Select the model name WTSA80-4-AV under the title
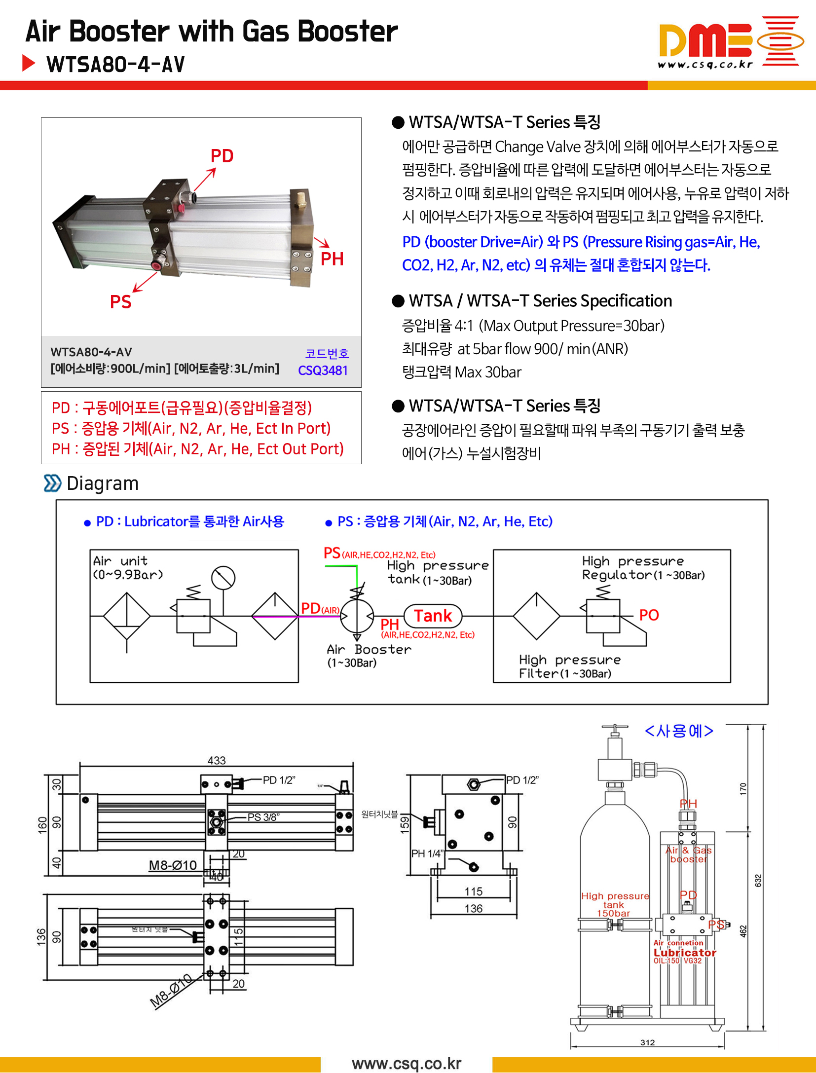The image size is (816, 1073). pyautogui.click(x=115, y=65)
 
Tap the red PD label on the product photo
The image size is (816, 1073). pyautogui.click(x=222, y=156)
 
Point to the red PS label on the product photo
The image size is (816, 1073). pyautogui.click(x=120, y=302)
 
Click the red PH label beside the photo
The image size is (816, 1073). pyautogui.click(x=332, y=259)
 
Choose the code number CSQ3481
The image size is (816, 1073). pyautogui.click(x=323, y=370)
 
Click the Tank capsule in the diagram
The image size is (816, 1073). pyautogui.click(x=433, y=616)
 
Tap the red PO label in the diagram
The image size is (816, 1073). pyautogui.click(x=649, y=615)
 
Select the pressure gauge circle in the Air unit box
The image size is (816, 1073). pyautogui.click(x=223, y=578)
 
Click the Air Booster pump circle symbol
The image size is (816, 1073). pyautogui.click(x=357, y=616)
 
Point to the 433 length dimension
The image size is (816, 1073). pyautogui.click(x=217, y=760)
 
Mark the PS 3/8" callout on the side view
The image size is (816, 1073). pyautogui.click(x=263, y=817)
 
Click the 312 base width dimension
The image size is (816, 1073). pyautogui.click(x=647, y=1042)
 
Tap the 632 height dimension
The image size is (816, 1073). pyautogui.click(x=758, y=881)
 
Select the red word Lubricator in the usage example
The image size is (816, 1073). pyautogui.click(x=685, y=953)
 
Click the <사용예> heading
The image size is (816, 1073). pyautogui.click(x=679, y=731)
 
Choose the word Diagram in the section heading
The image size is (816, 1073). pyautogui.click(x=103, y=483)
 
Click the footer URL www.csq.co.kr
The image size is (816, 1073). pyautogui.click(x=407, y=1063)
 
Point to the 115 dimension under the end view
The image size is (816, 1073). pyautogui.click(x=473, y=891)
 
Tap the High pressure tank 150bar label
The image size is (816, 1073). pyautogui.click(x=615, y=904)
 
